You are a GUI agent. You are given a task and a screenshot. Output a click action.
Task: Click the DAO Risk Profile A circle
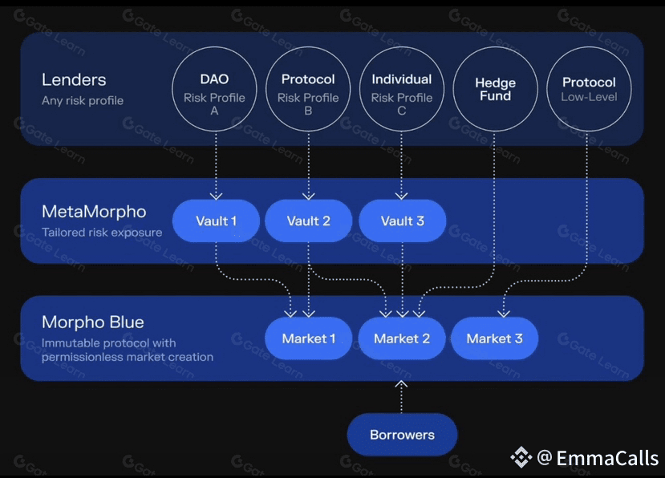click(214, 89)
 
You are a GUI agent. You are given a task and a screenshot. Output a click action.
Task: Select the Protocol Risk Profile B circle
click(308, 89)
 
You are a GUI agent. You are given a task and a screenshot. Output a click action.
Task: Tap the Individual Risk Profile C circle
click(401, 89)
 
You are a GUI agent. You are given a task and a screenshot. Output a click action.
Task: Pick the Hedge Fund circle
click(495, 89)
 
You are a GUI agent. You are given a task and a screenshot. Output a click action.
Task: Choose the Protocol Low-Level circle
click(589, 89)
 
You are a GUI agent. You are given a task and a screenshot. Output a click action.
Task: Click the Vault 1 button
click(217, 221)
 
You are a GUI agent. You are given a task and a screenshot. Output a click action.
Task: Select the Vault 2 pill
click(309, 221)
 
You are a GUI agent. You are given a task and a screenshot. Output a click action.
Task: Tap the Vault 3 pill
click(402, 221)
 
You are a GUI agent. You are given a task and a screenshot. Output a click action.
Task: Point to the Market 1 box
click(309, 338)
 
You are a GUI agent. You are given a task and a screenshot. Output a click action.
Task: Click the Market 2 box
click(402, 338)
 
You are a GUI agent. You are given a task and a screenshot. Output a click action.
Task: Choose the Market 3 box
click(494, 338)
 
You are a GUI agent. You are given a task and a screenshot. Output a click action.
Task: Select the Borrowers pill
click(402, 435)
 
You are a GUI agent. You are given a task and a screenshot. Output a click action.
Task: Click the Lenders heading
click(74, 80)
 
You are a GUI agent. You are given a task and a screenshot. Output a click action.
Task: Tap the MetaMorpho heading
click(94, 213)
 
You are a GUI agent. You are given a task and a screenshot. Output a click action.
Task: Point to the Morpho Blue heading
click(93, 322)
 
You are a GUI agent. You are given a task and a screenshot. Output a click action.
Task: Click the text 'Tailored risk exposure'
click(102, 233)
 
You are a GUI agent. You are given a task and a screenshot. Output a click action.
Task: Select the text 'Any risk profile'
click(83, 101)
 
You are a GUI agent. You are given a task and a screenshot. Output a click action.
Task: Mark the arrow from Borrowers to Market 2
click(402, 396)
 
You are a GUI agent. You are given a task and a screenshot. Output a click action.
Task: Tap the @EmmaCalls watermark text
click(597, 458)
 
